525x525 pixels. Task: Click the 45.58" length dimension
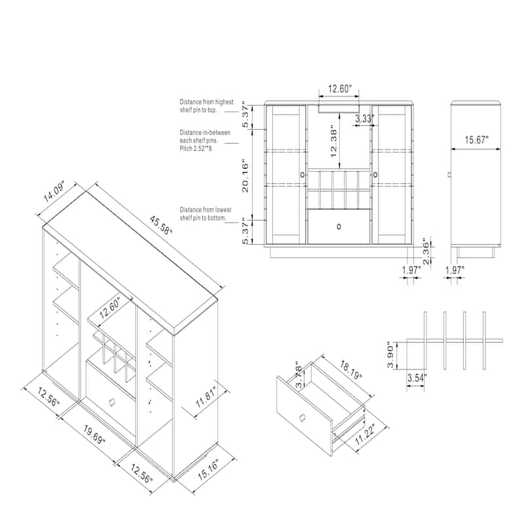[161, 225]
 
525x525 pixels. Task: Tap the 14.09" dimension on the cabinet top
[54, 191]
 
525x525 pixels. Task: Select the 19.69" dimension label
[94, 435]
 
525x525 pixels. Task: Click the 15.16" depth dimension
[208, 470]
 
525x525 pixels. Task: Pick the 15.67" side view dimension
[476, 140]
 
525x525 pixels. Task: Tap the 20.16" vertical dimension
[245, 175]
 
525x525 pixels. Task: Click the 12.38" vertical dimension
[333, 141]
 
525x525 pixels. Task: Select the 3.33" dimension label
[365, 119]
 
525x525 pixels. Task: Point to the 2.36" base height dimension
[426, 251]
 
